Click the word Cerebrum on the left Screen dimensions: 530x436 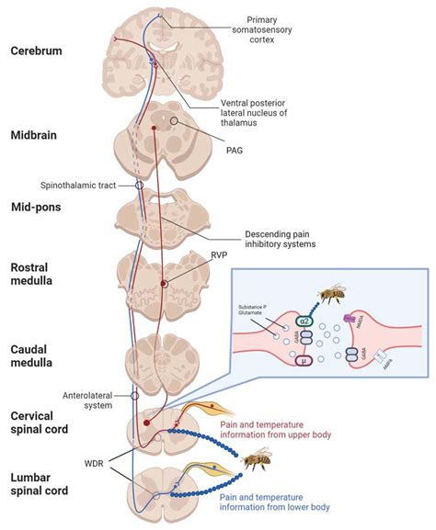pyautogui.click(x=37, y=51)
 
